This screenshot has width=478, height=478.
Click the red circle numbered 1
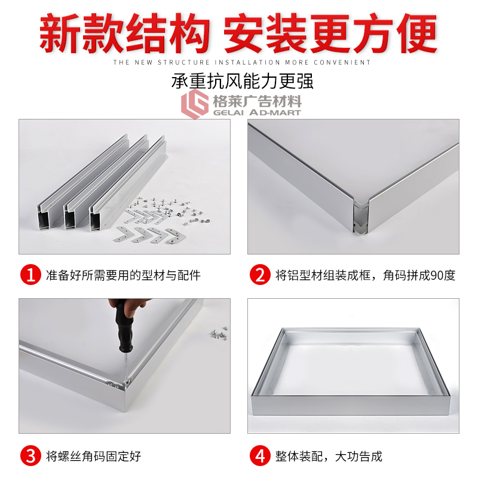31,275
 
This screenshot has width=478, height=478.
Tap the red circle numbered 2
260,275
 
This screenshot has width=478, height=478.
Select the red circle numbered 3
31,456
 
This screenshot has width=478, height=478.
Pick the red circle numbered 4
260,456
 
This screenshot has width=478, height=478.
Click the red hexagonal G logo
195,103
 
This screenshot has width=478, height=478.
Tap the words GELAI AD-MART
257,113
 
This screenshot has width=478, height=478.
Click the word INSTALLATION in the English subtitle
247,63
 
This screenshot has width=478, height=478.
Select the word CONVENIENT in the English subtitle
342,63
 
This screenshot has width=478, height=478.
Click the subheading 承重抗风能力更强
243,81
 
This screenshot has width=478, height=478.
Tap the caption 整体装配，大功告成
329,456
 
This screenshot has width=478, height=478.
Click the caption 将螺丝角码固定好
94,456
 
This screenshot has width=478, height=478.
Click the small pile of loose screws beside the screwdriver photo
219,333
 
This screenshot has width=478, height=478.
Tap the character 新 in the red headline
60,33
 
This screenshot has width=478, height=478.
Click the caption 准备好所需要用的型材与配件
123,275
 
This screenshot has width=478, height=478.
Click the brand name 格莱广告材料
257,100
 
